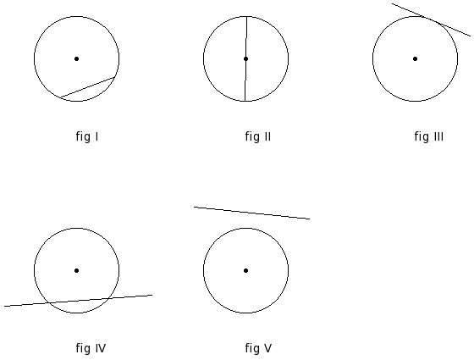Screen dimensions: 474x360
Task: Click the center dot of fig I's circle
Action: pos(76,58)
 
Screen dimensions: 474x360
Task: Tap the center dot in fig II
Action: pos(245,58)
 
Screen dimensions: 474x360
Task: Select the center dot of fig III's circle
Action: pos(415,58)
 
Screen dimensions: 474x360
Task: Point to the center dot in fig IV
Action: pos(76,270)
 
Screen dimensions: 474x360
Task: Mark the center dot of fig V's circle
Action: pos(245,270)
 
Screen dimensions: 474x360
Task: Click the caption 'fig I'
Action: pos(87,136)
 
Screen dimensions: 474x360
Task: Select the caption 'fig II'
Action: pos(258,136)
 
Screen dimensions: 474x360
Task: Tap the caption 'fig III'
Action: pos(429,136)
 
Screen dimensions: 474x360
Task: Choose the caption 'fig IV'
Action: pos(91,348)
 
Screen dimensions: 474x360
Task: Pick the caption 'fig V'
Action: pos(258,348)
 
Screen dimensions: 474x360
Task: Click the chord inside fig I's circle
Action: pos(87,87)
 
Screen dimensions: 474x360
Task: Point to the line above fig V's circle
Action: pos(252,213)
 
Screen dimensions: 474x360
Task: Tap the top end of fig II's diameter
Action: pos(246,16)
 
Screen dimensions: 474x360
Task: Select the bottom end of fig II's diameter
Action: pos(245,101)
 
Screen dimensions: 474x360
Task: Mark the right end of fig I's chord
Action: pos(115,77)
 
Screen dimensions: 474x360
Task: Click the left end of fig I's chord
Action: pos(60,97)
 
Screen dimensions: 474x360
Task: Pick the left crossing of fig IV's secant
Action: pos(49,303)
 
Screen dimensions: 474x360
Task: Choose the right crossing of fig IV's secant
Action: pos(108,298)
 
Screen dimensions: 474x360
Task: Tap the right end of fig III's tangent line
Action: pos(471,36)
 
